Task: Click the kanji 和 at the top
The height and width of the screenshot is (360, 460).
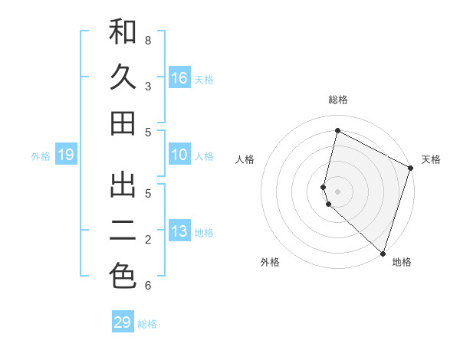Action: pos(123,32)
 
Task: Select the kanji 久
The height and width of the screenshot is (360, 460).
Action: pos(123,77)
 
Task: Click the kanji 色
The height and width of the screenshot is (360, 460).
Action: pos(123,276)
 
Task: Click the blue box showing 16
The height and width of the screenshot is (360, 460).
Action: pos(179,78)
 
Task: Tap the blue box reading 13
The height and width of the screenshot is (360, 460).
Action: pos(179,232)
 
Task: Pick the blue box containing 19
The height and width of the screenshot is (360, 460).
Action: pos(66,155)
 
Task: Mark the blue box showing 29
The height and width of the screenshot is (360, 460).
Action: pos(123,322)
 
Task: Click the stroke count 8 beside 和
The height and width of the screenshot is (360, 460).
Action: pos(148,40)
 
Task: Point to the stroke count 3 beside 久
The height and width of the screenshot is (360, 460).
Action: pos(148,86)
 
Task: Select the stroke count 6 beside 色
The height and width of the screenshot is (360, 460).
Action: pos(148,286)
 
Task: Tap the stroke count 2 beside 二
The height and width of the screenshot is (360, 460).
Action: pos(148,240)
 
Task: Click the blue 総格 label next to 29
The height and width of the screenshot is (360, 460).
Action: pos(148,324)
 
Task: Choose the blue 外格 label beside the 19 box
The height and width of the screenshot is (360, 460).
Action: pos(41,156)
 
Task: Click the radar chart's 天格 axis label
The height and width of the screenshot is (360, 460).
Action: pos(431,159)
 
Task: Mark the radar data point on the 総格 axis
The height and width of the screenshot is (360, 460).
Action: pos(337,131)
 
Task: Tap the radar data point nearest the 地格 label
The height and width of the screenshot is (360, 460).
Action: pos(382,253)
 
